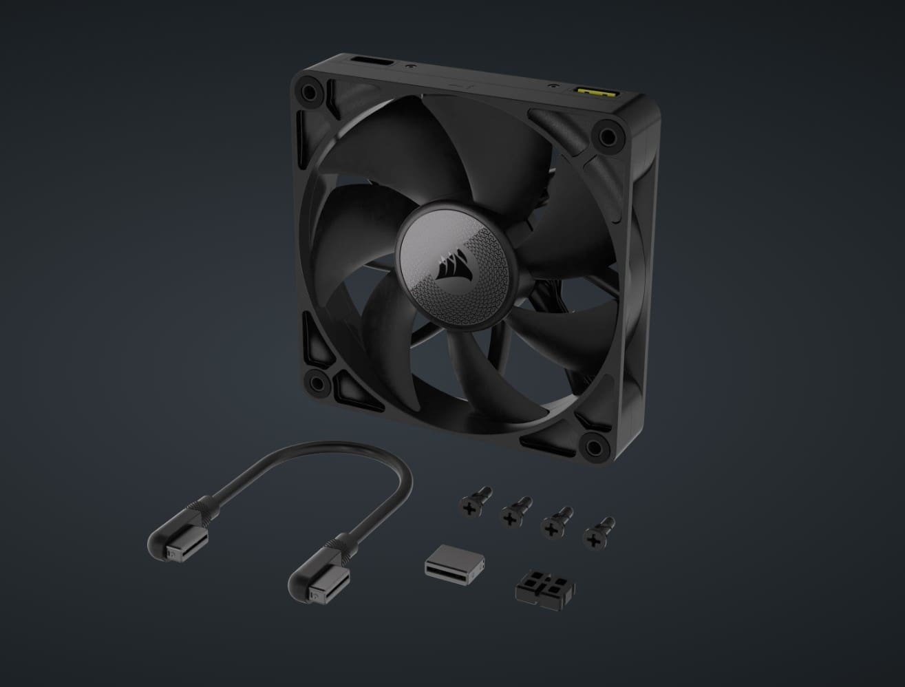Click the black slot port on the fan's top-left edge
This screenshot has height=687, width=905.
coord(372,65)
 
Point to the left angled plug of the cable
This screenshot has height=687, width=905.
coord(169,541)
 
